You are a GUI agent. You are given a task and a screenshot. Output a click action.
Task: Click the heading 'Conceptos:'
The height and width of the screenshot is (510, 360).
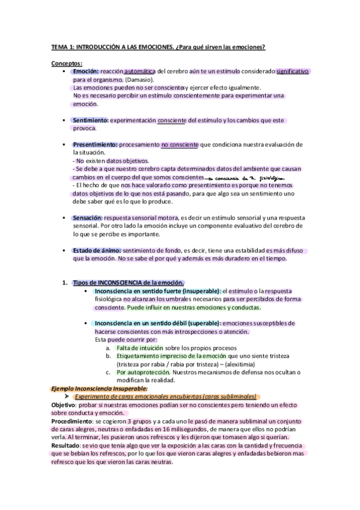click(66, 63)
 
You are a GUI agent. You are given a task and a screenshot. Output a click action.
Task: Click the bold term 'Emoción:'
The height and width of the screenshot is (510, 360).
click(86, 71)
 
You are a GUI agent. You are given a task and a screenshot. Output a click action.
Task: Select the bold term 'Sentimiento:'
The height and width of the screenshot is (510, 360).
click(90, 120)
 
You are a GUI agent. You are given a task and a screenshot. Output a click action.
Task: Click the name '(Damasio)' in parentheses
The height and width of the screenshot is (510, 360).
click(140, 79)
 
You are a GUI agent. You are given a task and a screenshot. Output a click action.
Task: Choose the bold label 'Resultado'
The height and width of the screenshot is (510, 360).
click(64, 446)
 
